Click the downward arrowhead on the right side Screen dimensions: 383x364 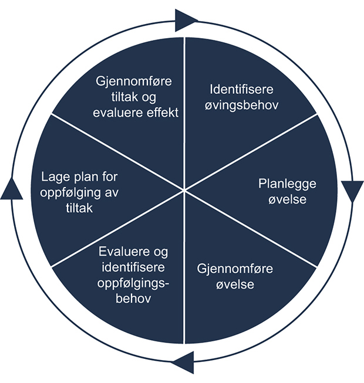(352, 191)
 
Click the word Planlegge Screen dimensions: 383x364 (287, 184)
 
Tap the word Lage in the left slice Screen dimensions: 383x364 (55, 177)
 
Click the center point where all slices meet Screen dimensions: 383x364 (184, 191)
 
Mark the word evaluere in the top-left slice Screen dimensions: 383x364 (116, 113)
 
